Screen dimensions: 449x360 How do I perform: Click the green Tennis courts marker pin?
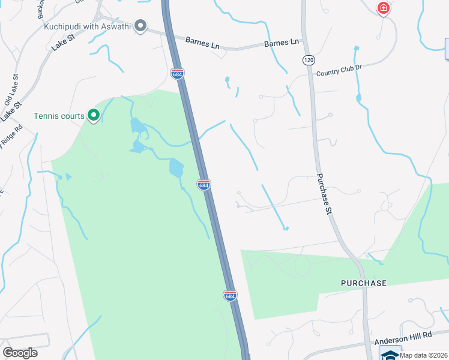click(x=93, y=115)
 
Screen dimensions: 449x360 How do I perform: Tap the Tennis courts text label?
click(x=59, y=116)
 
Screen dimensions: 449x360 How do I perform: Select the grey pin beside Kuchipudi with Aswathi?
click(x=140, y=26)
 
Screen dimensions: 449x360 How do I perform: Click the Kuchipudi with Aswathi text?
click(x=88, y=26)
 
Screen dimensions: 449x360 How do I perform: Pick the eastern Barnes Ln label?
click(x=282, y=43)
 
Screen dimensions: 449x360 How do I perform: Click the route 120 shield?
click(x=309, y=60)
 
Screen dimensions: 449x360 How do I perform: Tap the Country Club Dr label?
click(x=340, y=70)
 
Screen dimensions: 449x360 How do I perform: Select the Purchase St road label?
click(x=325, y=194)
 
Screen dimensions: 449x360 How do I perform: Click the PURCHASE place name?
click(x=363, y=283)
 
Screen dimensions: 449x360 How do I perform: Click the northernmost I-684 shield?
click(x=177, y=73)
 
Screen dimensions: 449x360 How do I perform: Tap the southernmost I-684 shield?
click(x=230, y=295)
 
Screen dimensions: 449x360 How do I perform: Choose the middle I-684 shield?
click(x=204, y=185)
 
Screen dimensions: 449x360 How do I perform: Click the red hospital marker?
click(x=383, y=8)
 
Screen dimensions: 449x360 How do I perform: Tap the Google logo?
click(x=20, y=353)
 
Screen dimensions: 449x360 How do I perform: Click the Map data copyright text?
click(x=424, y=355)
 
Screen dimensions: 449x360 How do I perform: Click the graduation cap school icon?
click(x=390, y=355)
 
